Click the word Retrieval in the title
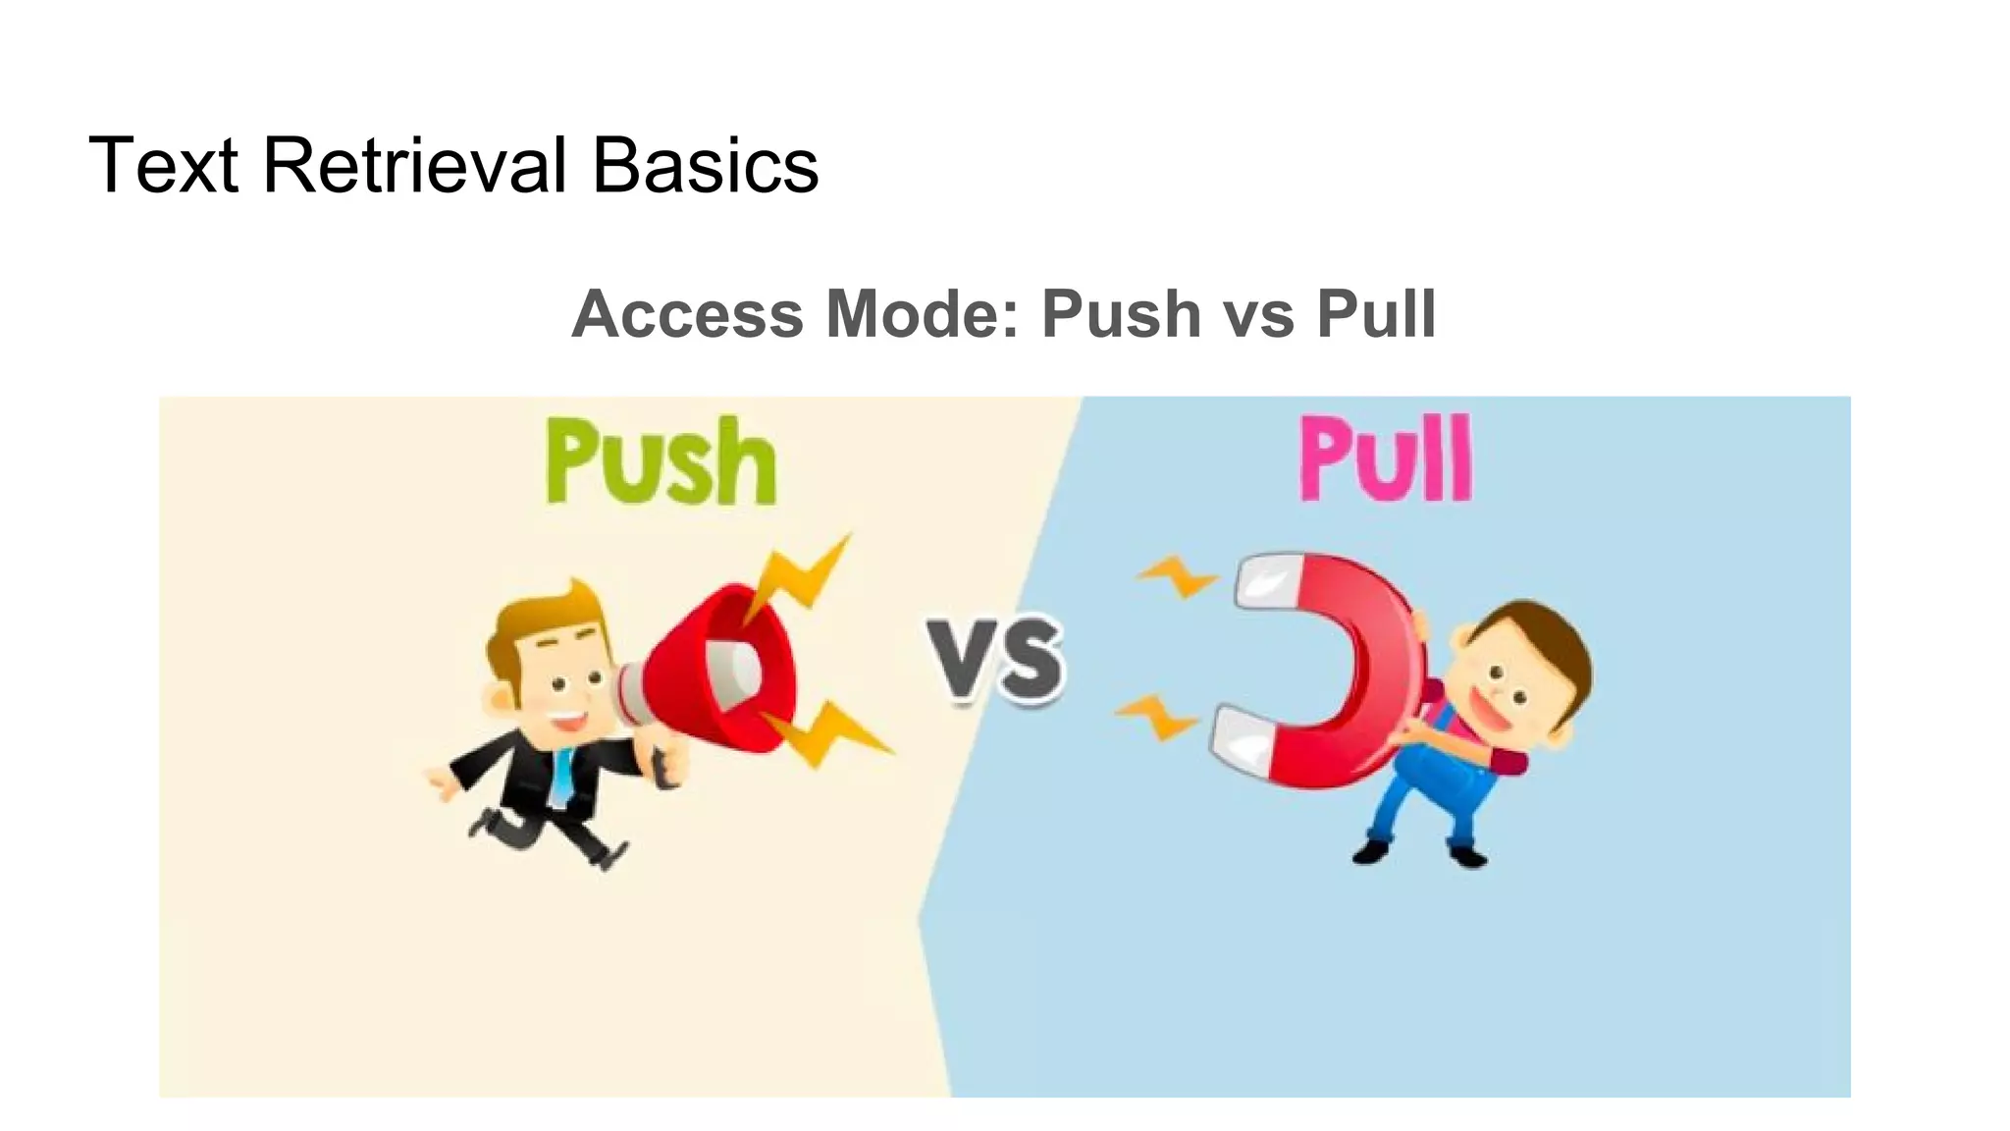[415, 165]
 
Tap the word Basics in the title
[705, 165]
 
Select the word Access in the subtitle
[687, 314]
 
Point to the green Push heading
[661, 461]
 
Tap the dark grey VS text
[994, 659]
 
